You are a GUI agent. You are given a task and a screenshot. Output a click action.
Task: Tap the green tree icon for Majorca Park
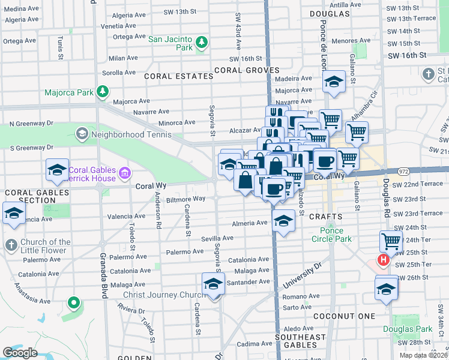pyautogui.click(x=103, y=91)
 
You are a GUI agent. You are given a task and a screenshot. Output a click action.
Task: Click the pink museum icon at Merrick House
pyautogui.click(x=125, y=173)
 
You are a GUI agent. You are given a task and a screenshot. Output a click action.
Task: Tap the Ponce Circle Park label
pyautogui.click(x=331, y=235)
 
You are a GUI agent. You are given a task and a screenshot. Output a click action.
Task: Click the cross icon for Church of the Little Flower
pyautogui.click(x=10, y=245)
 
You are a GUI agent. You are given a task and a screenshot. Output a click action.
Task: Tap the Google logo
pyautogui.click(x=20, y=352)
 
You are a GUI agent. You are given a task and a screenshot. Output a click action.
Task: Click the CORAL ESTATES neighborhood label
pyautogui.click(x=179, y=76)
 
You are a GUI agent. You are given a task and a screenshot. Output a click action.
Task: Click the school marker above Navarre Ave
pyautogui.click(x=334, y=83)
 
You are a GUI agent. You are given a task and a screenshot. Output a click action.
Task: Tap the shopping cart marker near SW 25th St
pyautogui.click(x=391, y=241)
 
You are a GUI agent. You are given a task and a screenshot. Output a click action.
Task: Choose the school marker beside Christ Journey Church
pyautogui.click(x=213, y=284)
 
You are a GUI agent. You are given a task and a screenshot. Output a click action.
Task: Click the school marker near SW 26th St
pyautogui.click(x=387, y=288)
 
